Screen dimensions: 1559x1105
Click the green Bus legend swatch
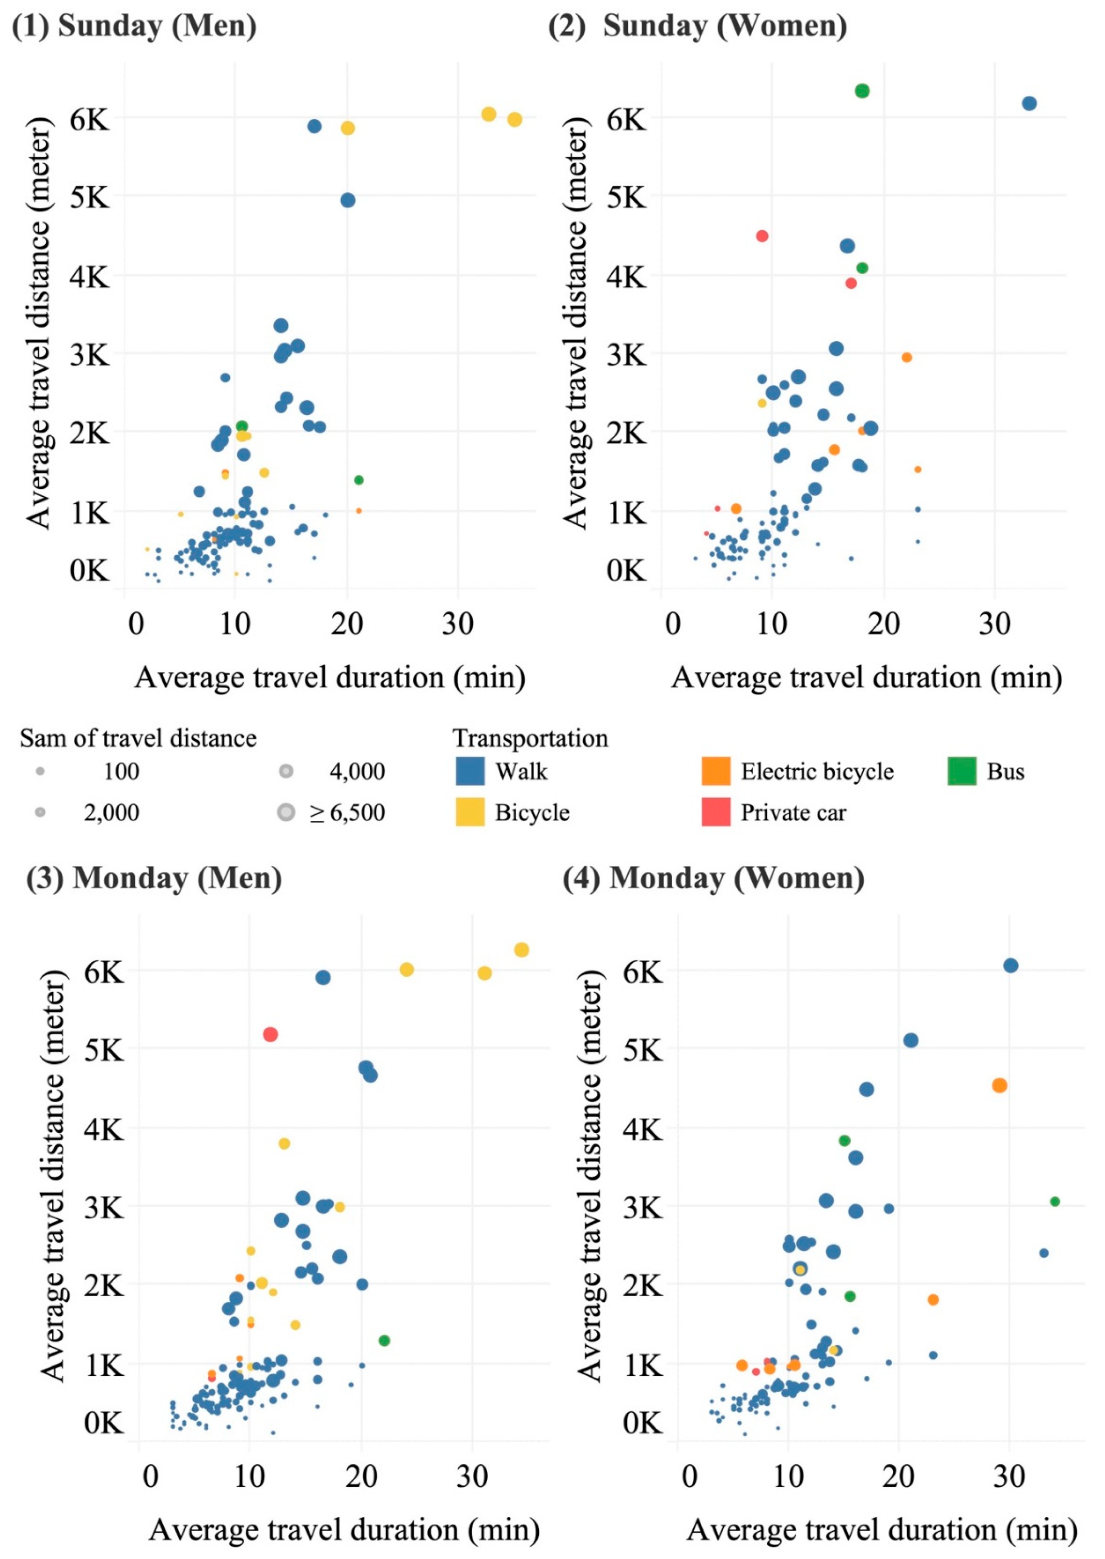tap(962, 771)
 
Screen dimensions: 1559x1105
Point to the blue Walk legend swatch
tap(470, 771)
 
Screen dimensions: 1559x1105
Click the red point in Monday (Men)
tap(270, 1034)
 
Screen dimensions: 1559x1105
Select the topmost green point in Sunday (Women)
tap(862, 90)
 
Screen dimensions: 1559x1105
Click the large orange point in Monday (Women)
tap(999, 1086)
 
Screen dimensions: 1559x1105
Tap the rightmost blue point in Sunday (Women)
tap(1029, 103)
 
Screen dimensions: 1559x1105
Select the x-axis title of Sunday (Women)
tap(866, 678)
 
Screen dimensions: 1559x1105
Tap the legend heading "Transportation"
tap(530, 738)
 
